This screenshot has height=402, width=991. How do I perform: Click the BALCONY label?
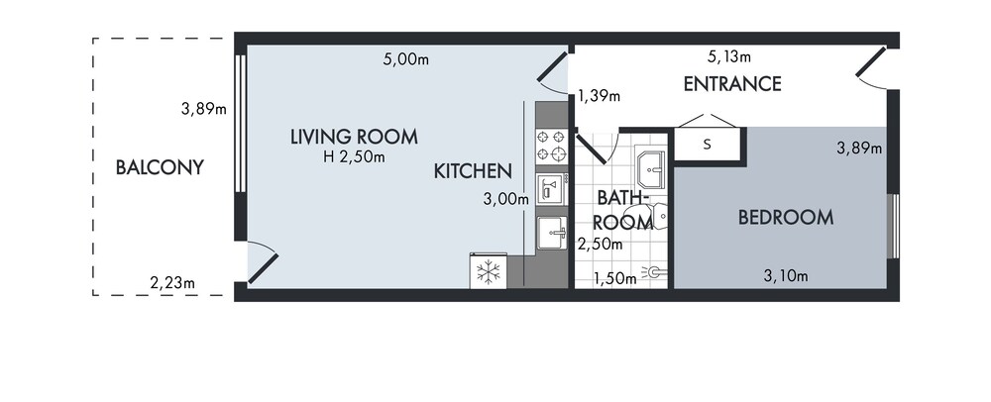point(160,167)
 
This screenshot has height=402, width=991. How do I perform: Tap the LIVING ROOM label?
point(354,137)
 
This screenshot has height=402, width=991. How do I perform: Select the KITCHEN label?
point(473,171)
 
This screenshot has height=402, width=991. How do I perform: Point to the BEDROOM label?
point(786,218)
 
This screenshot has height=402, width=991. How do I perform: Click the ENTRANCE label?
point(732,84)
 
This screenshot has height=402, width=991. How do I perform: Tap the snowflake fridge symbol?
point(488,272)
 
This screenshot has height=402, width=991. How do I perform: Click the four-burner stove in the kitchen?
point(552,146)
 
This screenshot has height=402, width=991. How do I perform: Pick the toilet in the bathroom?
point(659,216)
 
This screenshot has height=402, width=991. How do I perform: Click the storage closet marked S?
point(708,145)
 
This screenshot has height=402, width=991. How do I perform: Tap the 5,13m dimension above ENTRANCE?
point(729,56)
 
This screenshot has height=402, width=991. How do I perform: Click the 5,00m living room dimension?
point(405,60)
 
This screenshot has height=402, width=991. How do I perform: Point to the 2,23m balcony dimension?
point(172,283)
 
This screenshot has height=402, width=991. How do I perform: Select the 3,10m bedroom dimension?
point(786,276)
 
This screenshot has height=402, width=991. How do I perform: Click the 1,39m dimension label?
point(600,96)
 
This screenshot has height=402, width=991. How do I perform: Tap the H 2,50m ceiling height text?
point(354,157)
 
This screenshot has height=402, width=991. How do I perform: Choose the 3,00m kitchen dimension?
point(505,199)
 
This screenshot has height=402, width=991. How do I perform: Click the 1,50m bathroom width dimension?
point(615,278)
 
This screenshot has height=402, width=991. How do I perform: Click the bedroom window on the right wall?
point(893,226)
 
